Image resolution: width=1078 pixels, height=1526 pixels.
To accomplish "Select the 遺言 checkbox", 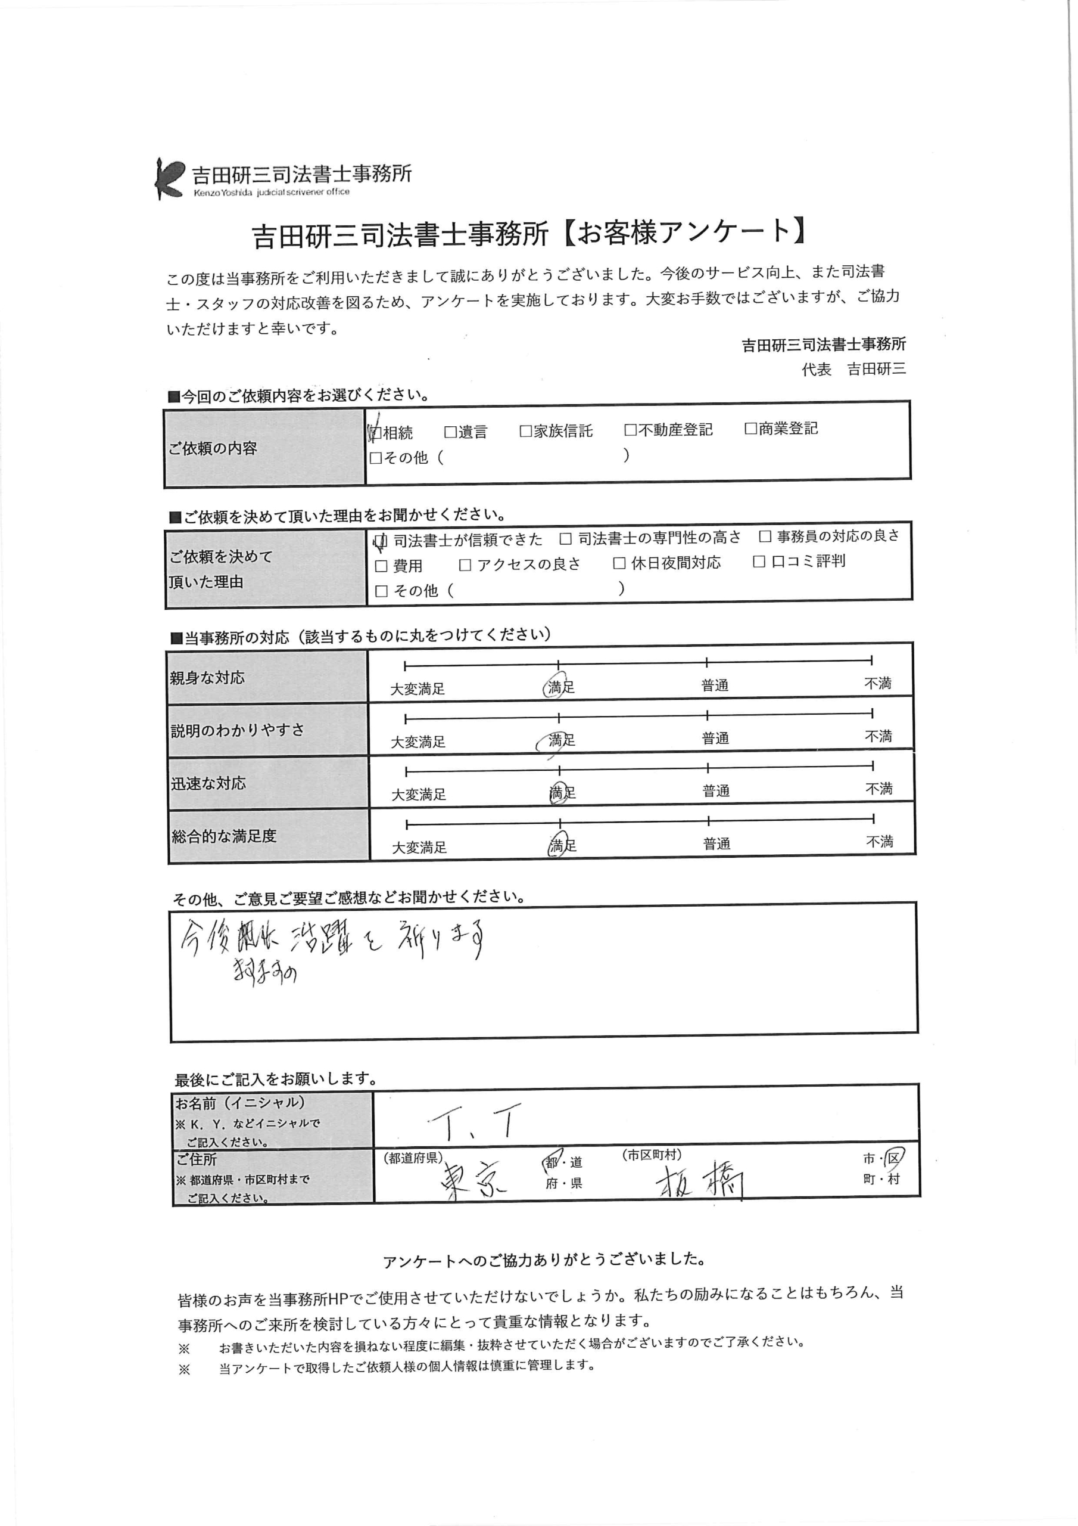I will click(450, 432).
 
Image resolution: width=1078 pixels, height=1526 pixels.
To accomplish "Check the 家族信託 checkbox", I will click(526, 432).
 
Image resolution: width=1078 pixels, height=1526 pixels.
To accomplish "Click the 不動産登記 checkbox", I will click(630, 430).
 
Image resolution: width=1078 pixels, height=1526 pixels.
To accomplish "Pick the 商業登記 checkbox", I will click(750, 429).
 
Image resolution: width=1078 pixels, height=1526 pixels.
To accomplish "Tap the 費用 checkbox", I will click(381, 566).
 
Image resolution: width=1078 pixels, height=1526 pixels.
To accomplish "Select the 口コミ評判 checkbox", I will click(759, 562).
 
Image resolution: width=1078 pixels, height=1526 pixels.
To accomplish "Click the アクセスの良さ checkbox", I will click(465, 565).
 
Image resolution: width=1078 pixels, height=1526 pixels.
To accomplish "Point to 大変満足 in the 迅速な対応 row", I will click(419, 794).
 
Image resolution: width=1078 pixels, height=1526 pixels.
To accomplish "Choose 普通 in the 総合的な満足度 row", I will click(716, 844).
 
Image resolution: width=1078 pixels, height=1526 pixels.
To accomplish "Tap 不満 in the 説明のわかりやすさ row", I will click(878, 736).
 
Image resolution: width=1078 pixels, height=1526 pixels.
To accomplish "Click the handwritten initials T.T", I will click(472, 1122).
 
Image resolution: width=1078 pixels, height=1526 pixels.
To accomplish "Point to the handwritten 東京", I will click(473, 1181).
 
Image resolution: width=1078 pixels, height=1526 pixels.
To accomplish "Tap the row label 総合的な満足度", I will click(224, 836).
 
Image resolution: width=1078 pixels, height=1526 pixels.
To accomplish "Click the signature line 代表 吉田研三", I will click(853, 370).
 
